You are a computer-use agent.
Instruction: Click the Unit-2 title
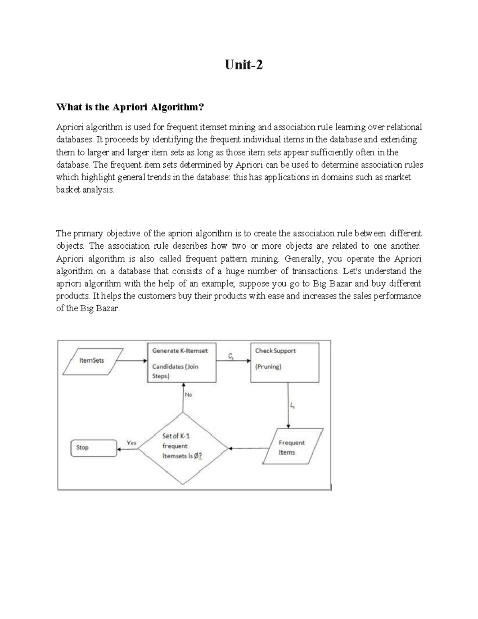click(244, 65)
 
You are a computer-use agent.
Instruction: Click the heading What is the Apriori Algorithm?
click(130, 107)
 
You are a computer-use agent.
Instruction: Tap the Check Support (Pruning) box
click(284, 362)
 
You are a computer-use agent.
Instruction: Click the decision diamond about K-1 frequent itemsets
click(183, 448)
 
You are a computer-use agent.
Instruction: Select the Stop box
click(94, 448)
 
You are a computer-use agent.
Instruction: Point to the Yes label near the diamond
click(131, 442)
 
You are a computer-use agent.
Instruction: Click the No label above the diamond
click(188, 394)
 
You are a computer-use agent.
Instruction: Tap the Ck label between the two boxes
click(231, 356)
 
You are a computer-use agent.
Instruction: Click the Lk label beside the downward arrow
click(292, 406)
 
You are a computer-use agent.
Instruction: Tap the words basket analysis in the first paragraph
click(85, 190)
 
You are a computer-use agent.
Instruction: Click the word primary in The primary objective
click(87, 234)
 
